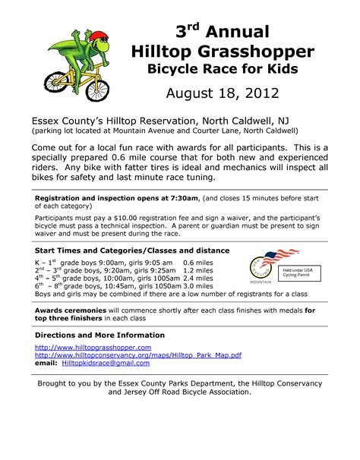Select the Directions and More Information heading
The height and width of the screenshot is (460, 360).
[99, 335]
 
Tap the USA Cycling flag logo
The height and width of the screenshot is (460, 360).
[269, 262]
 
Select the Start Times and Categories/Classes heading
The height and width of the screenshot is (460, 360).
[122, 250]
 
